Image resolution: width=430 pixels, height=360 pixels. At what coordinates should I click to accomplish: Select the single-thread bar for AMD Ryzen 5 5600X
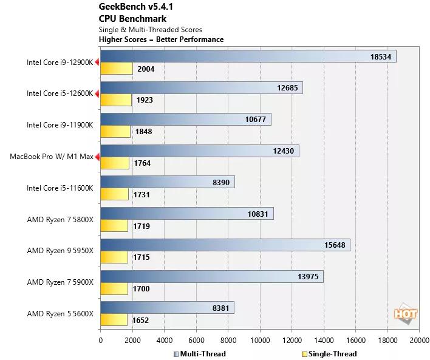coord(114,320)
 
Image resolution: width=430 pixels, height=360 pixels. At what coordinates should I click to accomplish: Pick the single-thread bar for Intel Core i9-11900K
coord(115,132)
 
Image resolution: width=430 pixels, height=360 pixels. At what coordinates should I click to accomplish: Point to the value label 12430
coord(285,151)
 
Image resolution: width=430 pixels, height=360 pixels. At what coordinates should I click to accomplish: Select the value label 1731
coord(141,195)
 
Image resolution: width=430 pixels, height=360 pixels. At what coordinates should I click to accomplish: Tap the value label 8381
coord(220,308)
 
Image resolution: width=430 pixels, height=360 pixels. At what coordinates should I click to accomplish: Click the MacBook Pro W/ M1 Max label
coord(52,157)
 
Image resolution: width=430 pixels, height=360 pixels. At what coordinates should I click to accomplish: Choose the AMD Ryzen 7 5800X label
coord(60,219)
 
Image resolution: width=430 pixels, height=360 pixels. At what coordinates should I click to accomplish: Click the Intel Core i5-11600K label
coord(60,188)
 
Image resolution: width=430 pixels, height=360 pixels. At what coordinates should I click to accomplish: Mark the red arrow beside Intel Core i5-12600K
coord(97,93)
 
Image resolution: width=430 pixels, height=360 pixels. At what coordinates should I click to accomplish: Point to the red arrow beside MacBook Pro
coord(97,157)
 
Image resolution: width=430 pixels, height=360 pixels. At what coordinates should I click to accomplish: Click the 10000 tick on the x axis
coord(260,340)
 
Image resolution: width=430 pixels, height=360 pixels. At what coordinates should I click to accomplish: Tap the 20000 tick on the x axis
coord(419,340)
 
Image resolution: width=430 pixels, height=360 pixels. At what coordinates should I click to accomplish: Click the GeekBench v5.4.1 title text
coord(130,7)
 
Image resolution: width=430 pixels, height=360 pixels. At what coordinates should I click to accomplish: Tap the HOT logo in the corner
coord(405,314)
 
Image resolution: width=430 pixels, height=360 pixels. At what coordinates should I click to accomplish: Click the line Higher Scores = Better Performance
coord(161,39)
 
